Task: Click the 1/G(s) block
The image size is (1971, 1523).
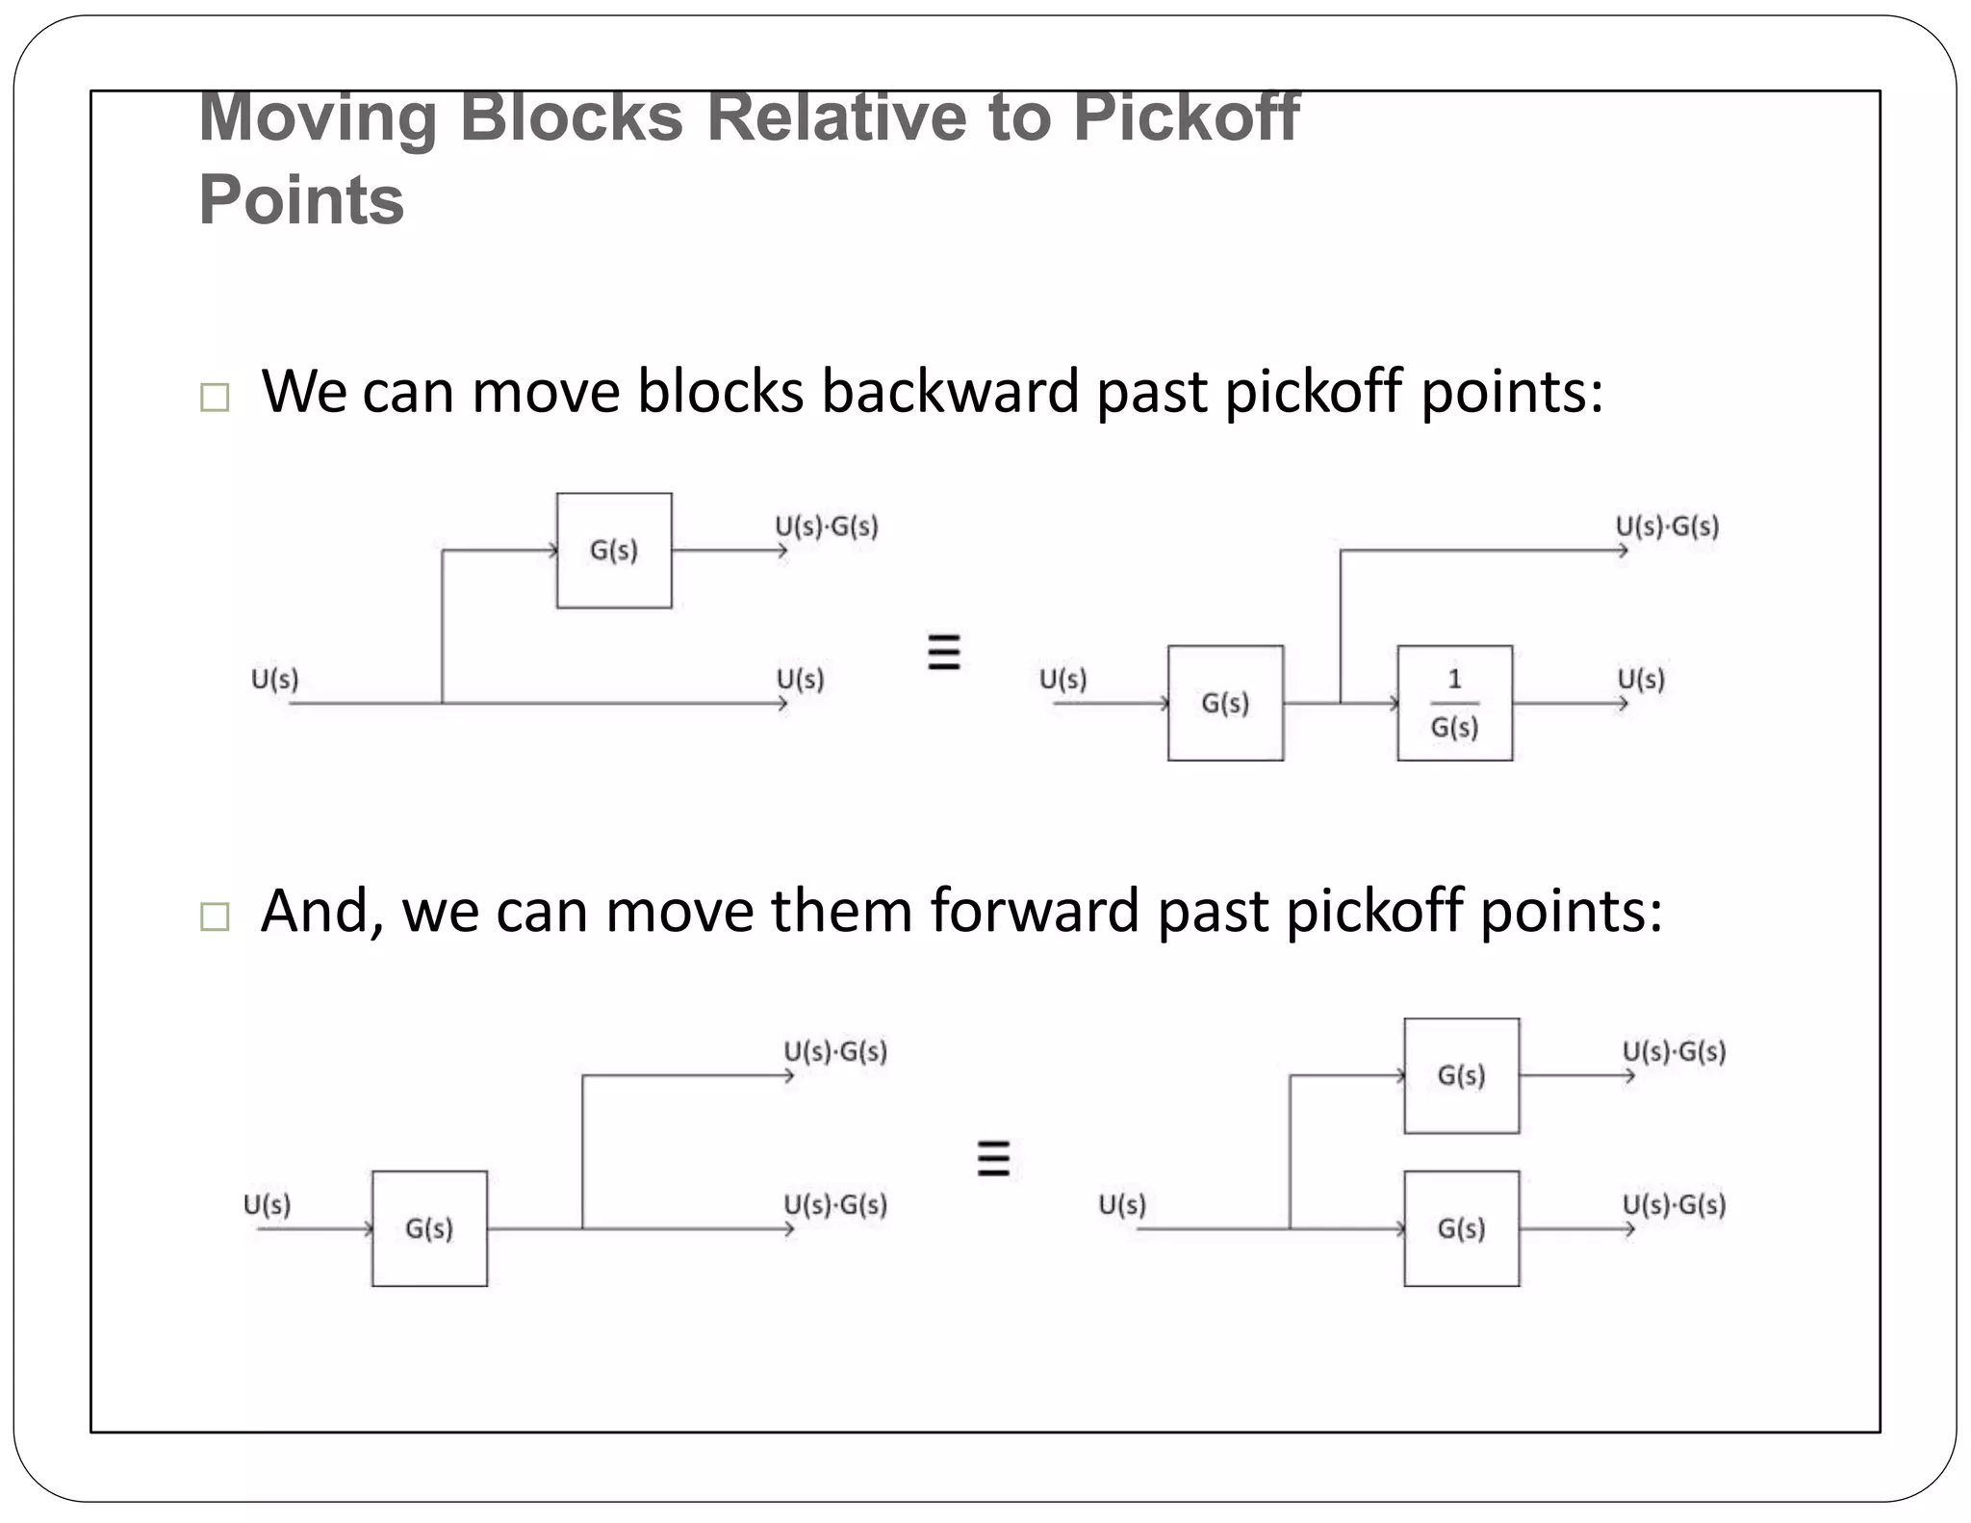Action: point(1454,703)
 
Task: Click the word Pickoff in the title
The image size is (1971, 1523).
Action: point(1186,117)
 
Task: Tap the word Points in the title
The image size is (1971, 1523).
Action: point(301,200)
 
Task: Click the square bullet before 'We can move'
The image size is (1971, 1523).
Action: point(215,398)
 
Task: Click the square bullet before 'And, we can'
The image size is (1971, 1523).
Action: point(215,916)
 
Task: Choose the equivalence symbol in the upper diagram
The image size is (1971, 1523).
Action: point(943,653)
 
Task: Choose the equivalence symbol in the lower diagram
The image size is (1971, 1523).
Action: point(993,1158)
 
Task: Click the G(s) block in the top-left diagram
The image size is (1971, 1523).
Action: point(614,551)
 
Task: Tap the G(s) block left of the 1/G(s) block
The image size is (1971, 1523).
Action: point(1225,703)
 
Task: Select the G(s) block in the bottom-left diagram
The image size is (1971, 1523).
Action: point(429,1228)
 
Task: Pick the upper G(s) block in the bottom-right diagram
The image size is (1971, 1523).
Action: point(1461,1075)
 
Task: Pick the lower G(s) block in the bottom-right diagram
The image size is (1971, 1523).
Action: point(1461,1228)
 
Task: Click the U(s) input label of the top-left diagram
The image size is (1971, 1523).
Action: point(275,680)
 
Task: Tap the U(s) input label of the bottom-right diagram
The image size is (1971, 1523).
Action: point(1122,1205)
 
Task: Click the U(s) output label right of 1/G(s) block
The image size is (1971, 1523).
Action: point(1641,680)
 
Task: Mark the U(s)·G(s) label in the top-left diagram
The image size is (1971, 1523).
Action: point(827,527)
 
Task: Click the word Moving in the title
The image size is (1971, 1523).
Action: point(318,117)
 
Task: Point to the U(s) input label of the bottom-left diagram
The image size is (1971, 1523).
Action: point(267,1205)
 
